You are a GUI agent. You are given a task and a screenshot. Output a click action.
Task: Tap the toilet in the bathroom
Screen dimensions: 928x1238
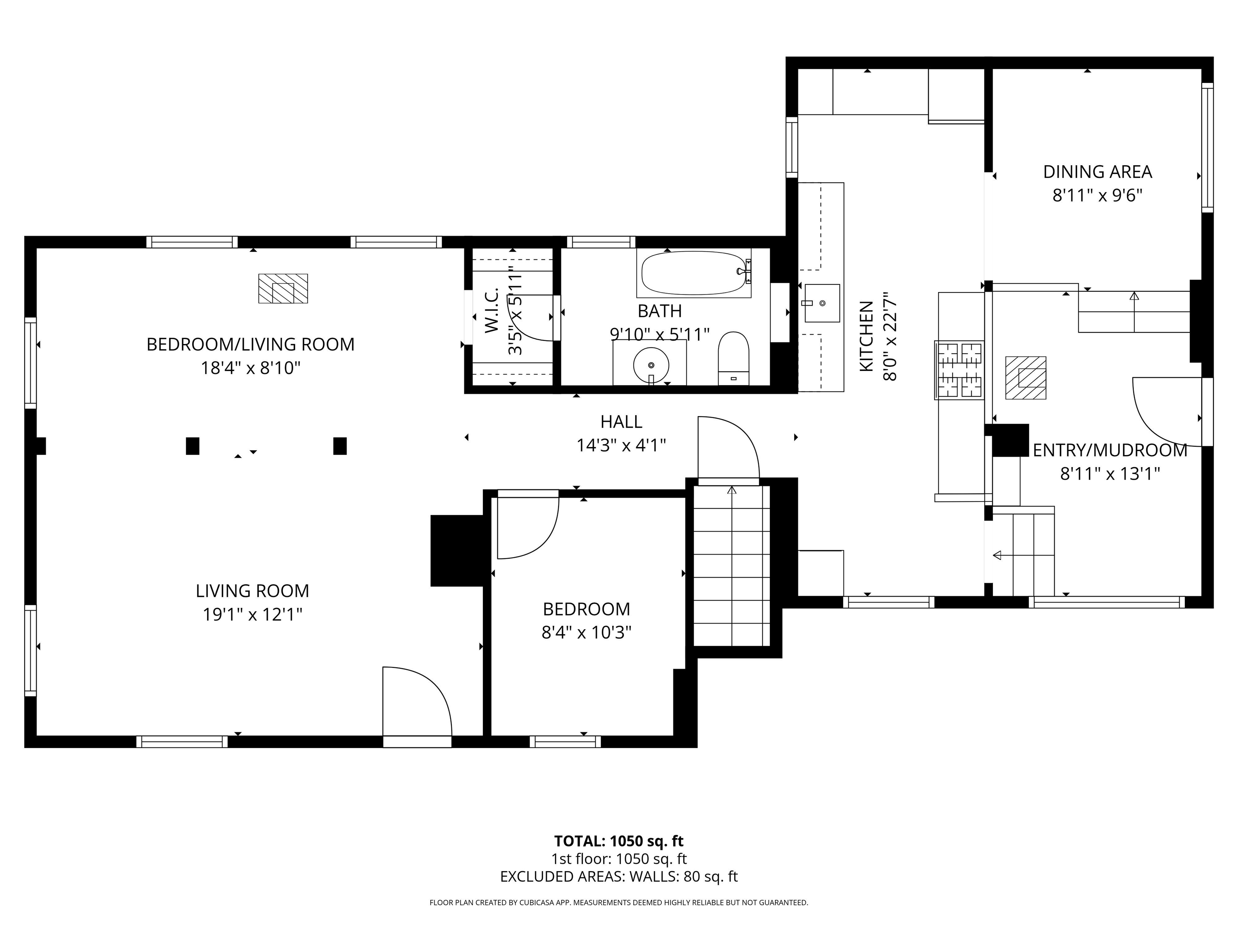[733, 358]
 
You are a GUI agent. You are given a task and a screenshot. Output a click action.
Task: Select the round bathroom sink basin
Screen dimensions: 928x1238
[651, 364]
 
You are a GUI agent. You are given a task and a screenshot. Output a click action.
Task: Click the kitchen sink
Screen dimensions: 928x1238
[822, 302]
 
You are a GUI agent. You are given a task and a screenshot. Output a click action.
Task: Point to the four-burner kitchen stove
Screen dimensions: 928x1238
[959, 370]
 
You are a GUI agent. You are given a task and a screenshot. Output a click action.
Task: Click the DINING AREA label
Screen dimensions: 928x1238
[1097, 172]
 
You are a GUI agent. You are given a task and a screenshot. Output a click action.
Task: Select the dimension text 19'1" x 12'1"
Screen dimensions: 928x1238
[252, 614]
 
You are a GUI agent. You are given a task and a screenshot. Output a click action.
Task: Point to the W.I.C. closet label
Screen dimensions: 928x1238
[491, 311]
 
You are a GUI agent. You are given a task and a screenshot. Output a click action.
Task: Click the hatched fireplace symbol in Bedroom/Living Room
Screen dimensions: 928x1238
[282, 289]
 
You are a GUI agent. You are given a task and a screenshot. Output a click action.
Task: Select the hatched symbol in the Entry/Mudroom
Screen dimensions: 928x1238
[1025, 378]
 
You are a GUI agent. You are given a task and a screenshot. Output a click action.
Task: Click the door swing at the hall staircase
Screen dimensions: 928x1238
[727, 447]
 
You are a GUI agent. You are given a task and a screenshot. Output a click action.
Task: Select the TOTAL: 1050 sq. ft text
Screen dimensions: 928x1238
[619, 841]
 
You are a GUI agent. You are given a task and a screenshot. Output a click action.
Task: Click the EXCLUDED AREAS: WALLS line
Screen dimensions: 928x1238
[619, 876]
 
